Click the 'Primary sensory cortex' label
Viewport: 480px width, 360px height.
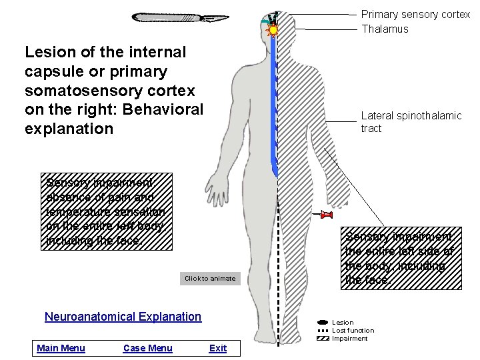(x=415, y=14)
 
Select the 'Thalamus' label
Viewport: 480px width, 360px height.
(x=385, y=29)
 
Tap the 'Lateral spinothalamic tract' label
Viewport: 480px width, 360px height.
(x=411, y=122)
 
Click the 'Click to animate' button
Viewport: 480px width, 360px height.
(x=210, y=278)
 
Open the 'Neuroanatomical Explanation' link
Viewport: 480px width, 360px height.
(x=123, y=317)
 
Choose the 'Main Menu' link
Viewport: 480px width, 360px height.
(x=61, y=348)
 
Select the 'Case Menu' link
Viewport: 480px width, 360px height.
(x=147, y=348)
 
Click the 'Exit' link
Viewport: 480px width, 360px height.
(x=218, y=348)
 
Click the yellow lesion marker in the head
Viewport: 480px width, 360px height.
(x=273, y=30)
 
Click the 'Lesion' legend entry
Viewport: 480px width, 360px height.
(x=343, y=323)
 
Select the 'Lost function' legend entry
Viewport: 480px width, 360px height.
(x=353, y=331)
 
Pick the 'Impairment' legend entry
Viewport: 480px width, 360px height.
(x=349, y=339)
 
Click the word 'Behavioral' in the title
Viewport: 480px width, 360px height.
(x=160, y=109)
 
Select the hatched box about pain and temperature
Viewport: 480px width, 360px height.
(x=108, y=211)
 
